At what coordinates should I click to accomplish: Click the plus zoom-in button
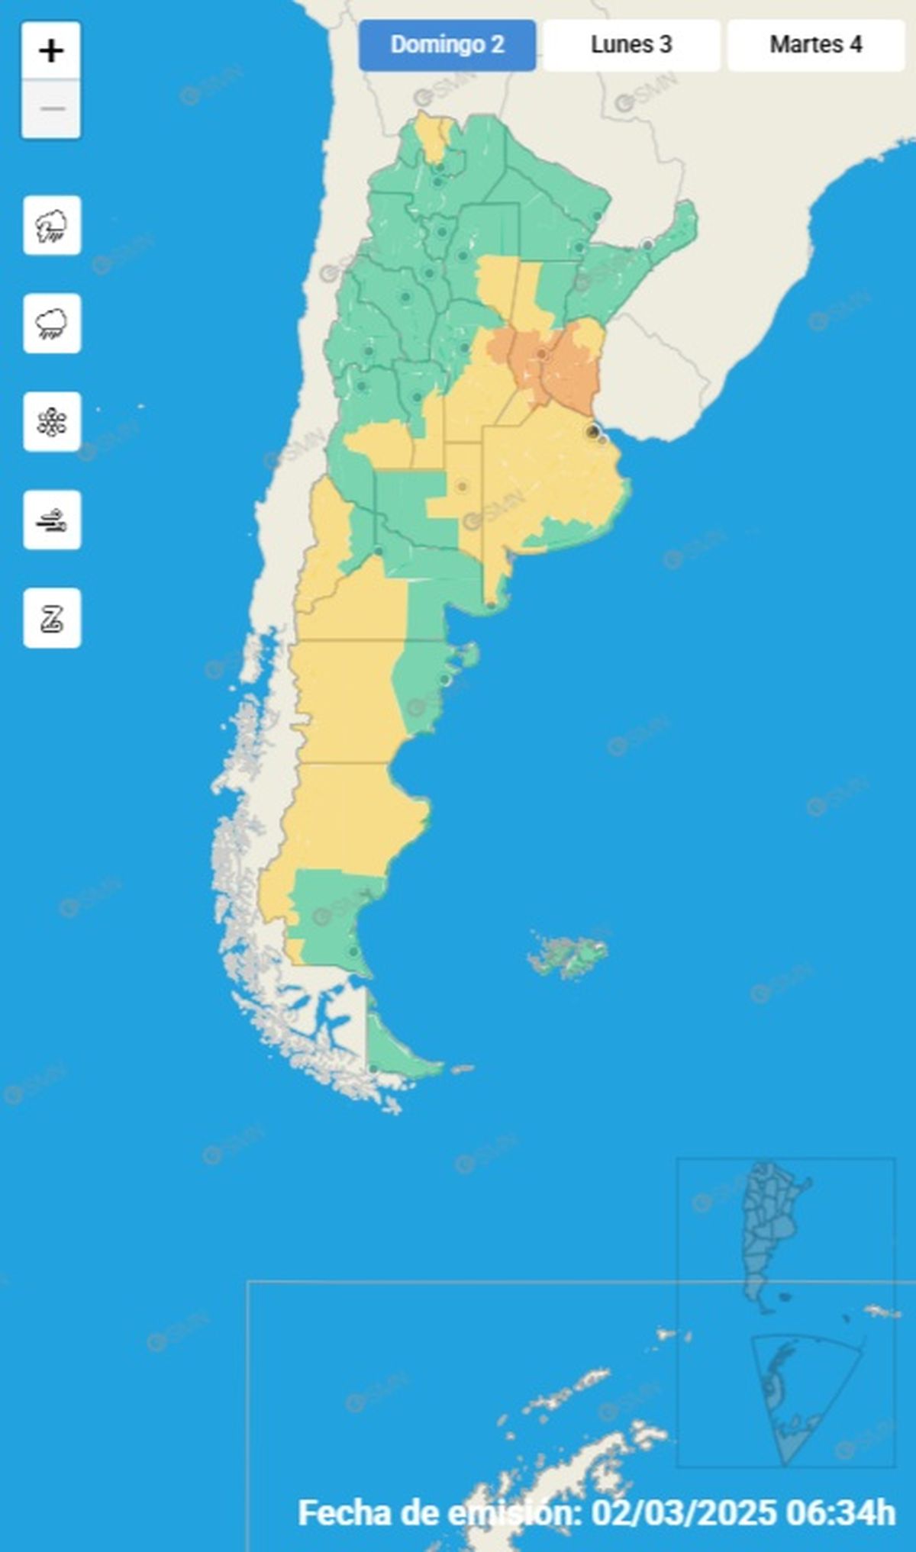coord(51,51)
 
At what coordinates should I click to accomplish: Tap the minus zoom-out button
coord(51,109)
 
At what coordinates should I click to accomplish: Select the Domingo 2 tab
coord(447,45)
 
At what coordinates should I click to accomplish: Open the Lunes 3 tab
coord(631,45)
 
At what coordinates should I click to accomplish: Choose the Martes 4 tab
coord(815,45)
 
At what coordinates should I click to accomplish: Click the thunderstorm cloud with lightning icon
coord(52,226)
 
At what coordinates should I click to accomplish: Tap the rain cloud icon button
coord(52,324)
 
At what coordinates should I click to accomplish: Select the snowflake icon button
coord(52,422)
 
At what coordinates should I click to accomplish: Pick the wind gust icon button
coord(52,520)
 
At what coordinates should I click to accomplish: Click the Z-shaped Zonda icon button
coord(52,618)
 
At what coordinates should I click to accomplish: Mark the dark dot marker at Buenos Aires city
coord(592,432)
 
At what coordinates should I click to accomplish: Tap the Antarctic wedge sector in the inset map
coord(801,1396)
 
